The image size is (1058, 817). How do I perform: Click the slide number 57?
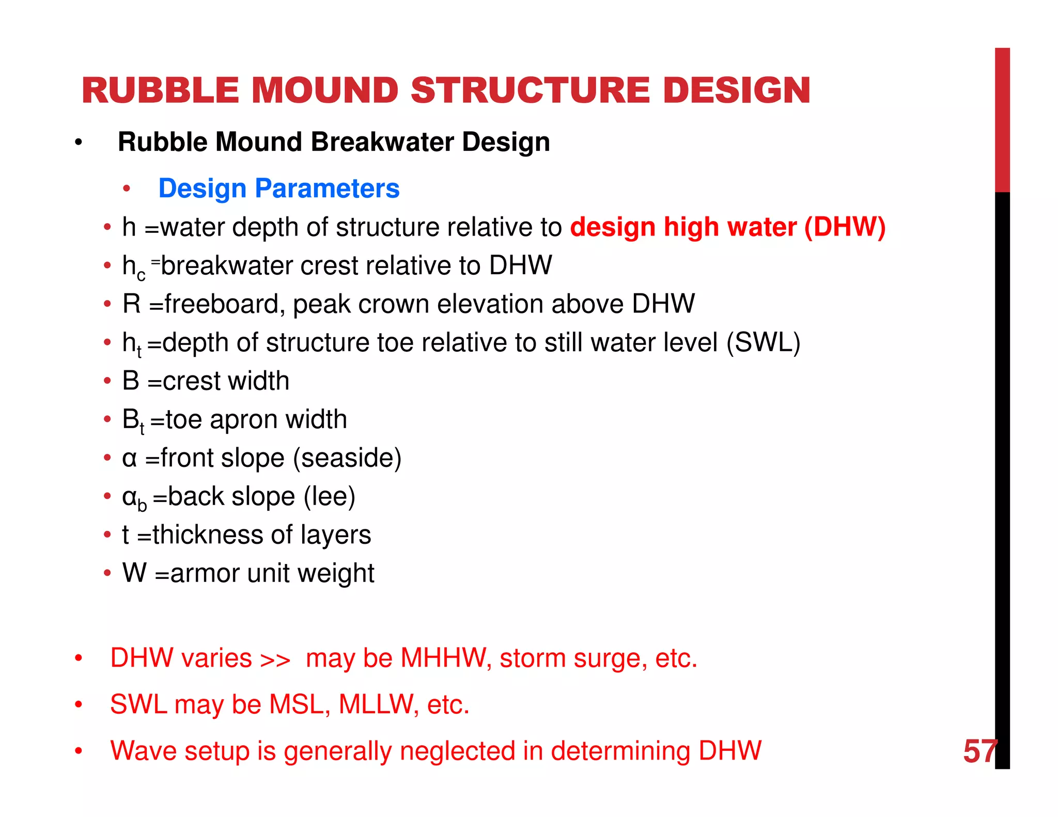979,751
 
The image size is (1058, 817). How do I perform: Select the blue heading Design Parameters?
279,188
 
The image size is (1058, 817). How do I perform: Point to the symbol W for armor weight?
134,573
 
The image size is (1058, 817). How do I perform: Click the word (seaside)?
347,458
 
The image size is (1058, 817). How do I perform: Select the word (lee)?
330,497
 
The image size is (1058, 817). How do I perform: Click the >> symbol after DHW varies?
275,659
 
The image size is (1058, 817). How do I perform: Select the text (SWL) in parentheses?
763,342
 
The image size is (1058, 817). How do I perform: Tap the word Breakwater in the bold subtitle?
382,142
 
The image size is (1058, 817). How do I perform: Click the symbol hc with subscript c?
133,267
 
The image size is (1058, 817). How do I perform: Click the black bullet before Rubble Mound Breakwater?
78,143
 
